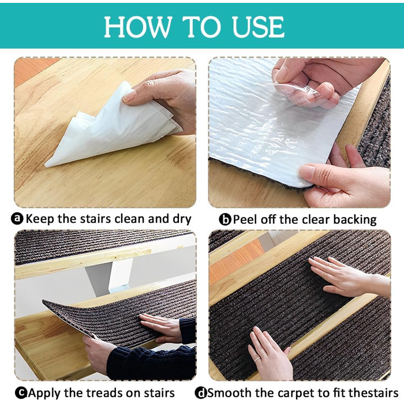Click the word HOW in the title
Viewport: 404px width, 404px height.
point(137,27)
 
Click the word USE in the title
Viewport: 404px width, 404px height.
point(258,27)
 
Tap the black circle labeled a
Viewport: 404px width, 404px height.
point(17,219)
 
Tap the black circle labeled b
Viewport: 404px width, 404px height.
point(225,219)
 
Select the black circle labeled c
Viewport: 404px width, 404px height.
point(21,393)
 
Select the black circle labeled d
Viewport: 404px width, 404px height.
point(201,393)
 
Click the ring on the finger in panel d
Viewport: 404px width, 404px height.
point(257,360)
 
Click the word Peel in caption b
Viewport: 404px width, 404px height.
point(245,220)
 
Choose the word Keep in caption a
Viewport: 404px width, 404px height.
point(40,219)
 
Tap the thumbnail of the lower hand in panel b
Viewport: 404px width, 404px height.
point(307,172)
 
